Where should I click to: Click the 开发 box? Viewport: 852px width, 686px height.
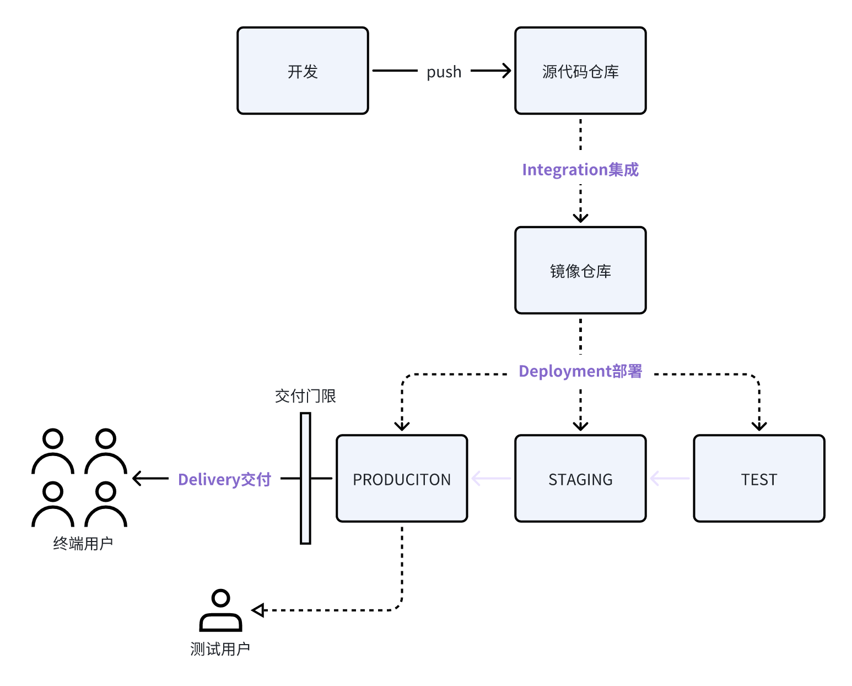click(x=303, y=71)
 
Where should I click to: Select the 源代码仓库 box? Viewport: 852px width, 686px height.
click(x=580, y=71)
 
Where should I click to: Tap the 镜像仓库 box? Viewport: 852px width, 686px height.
click(x=580, y=270)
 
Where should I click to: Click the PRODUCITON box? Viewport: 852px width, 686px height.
click(x=402, y=479)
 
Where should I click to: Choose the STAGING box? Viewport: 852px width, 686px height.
click(x=580, y=479)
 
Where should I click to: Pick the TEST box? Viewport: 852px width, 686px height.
click(x=759, y=479)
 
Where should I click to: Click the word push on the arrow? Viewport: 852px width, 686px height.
click(x=444, y=72)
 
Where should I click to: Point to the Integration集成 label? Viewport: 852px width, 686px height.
click(x=580, y=169)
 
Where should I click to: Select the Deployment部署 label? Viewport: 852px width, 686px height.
click(x=580, y=371)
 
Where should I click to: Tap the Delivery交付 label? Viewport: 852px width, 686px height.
click(x=224, y=479)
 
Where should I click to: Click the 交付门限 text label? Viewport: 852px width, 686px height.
click(x=305, y=396)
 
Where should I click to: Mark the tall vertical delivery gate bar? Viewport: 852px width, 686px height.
click(x=305, y=478)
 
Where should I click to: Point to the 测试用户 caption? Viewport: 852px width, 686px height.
click(x=220, y=649)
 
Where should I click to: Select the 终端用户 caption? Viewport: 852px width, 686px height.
click(x=83, y=544)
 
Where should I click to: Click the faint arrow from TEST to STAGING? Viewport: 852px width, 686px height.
click(x=669, y=478)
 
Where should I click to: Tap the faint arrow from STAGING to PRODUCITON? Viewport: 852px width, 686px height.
click(x=490, y=478)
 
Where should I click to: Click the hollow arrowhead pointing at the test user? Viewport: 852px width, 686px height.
click(x=258, y=610)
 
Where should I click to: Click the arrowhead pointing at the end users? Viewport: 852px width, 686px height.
click(x=137, y=478)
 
